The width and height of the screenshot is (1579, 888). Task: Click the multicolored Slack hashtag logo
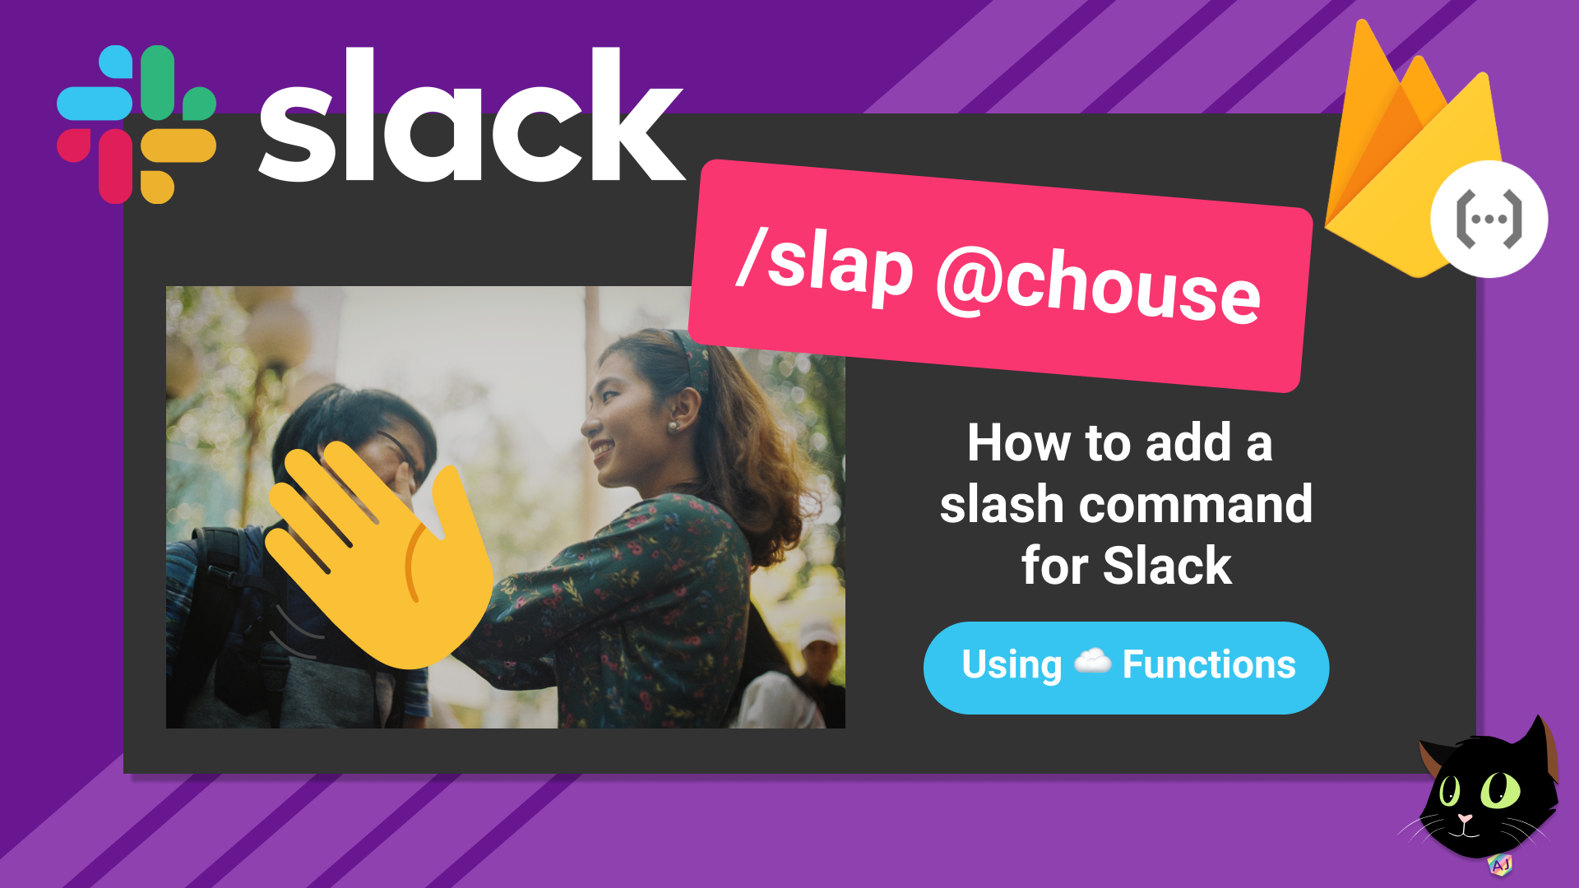coord(137,123)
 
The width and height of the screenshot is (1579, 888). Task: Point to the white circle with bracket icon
coord(1489,219)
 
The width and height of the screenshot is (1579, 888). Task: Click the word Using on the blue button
coord(1012,664)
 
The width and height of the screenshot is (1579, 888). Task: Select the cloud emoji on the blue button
coord(1093,661)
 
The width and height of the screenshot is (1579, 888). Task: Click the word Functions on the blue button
coord(1209,664)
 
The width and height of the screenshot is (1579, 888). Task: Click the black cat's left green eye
coord(1449,791)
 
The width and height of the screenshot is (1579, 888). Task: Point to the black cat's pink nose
coord(1466,819)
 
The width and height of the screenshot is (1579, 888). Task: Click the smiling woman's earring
coord(673,426)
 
